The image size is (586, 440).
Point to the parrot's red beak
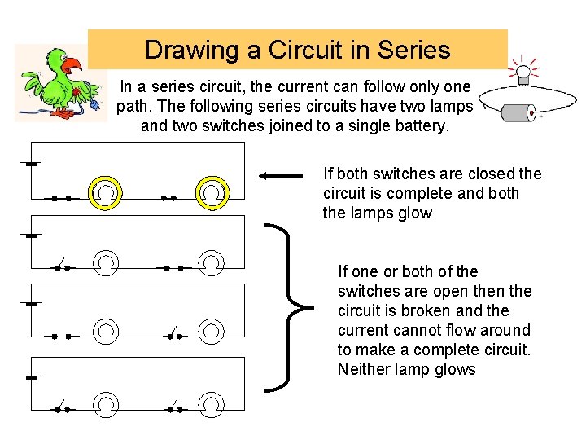[x=72, y=64]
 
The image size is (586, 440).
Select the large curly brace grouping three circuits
[x=293, y=307]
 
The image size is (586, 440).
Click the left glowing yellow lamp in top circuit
[x=107, y=193]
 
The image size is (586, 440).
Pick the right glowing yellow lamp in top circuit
[x=211, y=193]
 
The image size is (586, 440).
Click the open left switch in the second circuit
[x=61, y=265]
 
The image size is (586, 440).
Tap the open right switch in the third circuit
[x=173, y=333]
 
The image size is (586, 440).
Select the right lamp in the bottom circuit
[x=211, y=405]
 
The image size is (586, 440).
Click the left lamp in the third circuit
[x=107, y=332]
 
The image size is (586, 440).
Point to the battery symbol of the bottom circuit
[x=31, y=377]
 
